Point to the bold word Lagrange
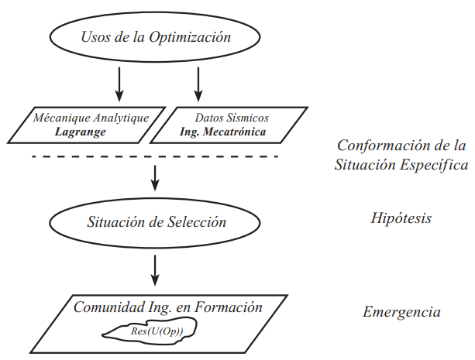coord(79,132)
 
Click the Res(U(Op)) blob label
coord(157,331)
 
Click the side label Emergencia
coord(401,313)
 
